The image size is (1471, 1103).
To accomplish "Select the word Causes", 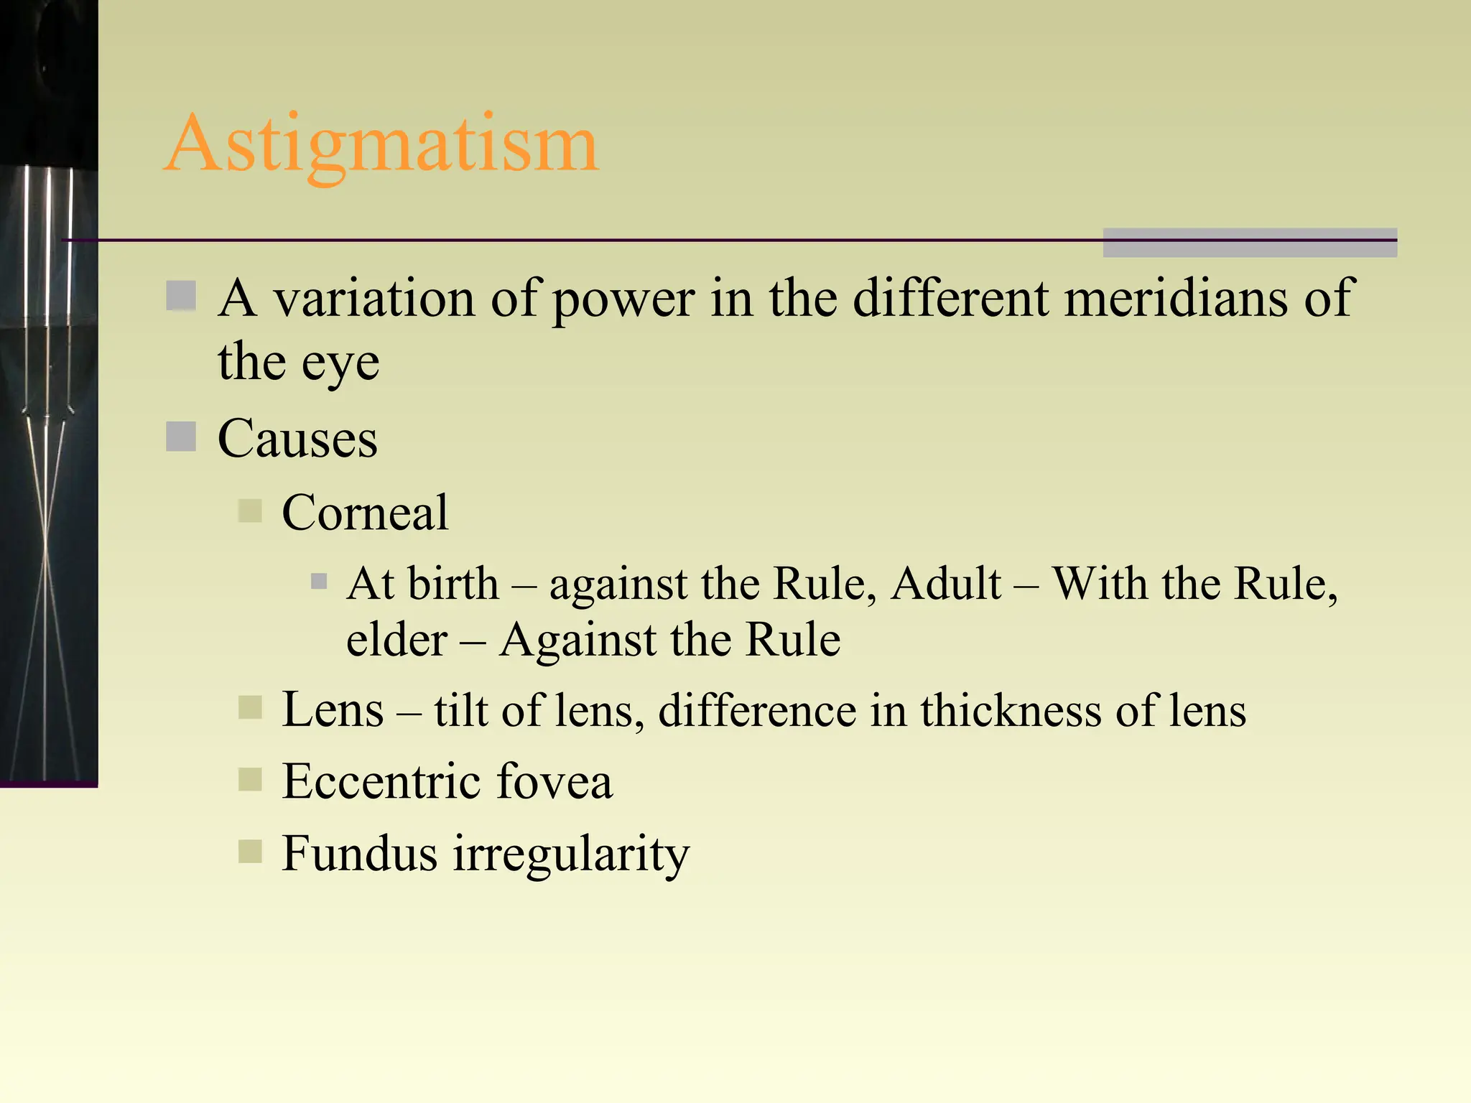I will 297,438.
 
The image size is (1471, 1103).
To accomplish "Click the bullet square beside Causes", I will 181,437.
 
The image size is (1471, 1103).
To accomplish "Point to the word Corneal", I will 365,513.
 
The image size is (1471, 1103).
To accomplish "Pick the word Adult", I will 946,583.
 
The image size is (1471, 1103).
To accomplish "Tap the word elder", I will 396,639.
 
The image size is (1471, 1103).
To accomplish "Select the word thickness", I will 1011,710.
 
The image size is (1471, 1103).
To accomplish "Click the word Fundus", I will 359,853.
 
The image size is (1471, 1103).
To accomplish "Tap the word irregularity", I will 571,855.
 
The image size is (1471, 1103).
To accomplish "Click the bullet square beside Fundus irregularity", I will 250,852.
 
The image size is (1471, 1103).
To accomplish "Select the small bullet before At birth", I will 319,581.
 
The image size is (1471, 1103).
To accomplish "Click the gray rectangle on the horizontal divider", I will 1250,243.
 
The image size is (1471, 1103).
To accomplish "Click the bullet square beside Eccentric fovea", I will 250,780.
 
